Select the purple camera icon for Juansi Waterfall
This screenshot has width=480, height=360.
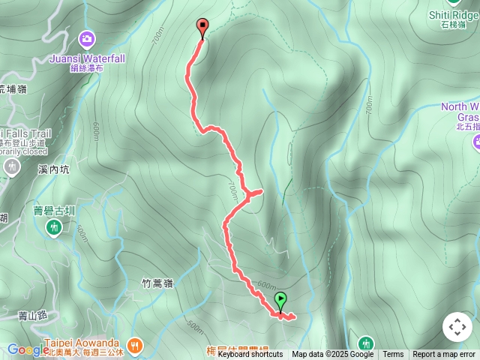pyautogui.click(x=87, y=38)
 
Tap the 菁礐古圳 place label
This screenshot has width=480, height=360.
pyautogui.click(x=54, y=211)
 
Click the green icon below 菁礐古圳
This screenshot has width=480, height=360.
pyautogui.click(x=54, y=226)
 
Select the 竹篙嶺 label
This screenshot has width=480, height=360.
pyautogui.click(x=157, y=283)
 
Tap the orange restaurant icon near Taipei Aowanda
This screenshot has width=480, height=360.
pyautogui.click(x=135, y=345)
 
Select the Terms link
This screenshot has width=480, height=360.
pyautogui.click(x=393, y=355)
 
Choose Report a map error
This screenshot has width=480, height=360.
pyautogui.click(x=444, y=355)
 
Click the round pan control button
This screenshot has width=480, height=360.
pyautogui.click(x=457, y=327)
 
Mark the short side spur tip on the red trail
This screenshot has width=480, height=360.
pyautogui.click(x=260, y=193)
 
